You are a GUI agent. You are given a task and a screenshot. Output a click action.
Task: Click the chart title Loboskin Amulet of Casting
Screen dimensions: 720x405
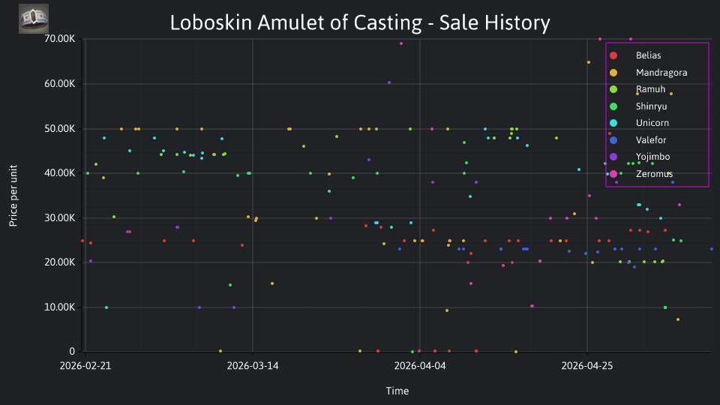(x=296, y=22)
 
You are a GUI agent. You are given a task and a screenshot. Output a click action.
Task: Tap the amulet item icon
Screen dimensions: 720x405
(x=34, y=19)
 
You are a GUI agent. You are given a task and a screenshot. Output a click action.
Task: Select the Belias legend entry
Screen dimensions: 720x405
(x=648, y=55)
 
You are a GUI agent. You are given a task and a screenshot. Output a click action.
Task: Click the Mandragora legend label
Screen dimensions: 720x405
(x=661, y=73)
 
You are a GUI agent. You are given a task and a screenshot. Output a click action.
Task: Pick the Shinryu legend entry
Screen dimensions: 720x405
(x=651, y=106)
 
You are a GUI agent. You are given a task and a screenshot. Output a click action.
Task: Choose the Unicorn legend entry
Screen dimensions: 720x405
(x=652, y=123)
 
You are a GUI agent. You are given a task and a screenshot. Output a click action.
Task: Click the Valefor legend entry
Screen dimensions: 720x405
(x=651, y=140)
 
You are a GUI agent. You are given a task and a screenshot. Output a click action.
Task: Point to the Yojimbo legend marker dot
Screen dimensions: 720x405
(x=613, y=157)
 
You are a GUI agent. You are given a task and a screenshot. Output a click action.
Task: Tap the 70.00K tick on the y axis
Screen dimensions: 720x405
(x=60, y=39)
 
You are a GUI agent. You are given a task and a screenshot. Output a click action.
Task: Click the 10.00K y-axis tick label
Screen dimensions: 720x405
(x=60, y=307)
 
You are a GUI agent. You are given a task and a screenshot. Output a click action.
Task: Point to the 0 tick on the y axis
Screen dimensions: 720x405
(x=72, y=352)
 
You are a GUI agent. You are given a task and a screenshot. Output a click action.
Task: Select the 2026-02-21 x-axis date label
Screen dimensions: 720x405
(x=85, y=366)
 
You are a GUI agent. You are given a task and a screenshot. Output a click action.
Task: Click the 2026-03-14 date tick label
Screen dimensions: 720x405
(x=253, y=366)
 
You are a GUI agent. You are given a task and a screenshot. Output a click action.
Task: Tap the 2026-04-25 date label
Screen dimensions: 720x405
(x=586, y=366)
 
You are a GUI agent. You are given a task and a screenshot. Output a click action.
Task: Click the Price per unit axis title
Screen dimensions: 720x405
(x=13, y=196)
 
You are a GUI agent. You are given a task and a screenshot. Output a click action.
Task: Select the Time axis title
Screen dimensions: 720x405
(x=397, y=391)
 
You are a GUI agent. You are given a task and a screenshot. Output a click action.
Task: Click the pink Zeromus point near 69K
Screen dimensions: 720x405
(x=401, y=43)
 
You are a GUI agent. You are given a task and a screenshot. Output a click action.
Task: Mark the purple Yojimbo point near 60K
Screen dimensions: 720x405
(x=389, y=82)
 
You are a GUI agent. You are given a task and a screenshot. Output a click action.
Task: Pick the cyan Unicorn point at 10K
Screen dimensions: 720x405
(x=106, y=307)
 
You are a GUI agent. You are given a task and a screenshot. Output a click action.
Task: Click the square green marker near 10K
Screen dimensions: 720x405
(x=665, y=307)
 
